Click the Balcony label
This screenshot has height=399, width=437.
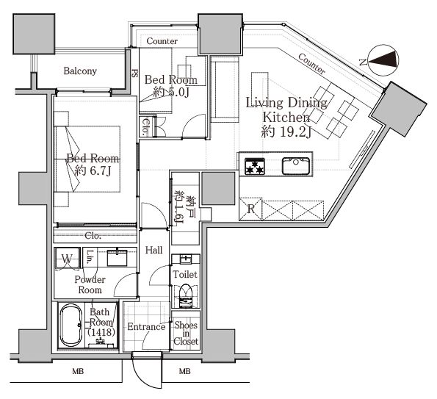[80, 71]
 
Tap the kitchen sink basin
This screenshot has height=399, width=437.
[296, 166]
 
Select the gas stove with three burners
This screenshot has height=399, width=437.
[255, 166]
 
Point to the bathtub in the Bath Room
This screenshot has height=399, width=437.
[71, 325]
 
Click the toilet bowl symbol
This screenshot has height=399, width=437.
[185, 296]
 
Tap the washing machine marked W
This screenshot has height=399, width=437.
[67, 259]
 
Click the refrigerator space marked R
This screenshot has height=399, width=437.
[251, 209]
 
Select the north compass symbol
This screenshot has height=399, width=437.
[383, 60]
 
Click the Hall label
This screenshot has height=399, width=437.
[154, 250]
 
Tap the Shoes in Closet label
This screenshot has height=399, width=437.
[186, 333]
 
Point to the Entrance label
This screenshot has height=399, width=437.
[146, 326]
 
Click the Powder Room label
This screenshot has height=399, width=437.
[90, 284]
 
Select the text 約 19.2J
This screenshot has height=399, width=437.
[286, 132]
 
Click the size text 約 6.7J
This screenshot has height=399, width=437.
[93, 170]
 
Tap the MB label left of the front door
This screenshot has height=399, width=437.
[78, 371]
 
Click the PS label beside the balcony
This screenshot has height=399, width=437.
[135, 73]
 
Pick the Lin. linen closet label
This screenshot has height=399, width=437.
[90, 256]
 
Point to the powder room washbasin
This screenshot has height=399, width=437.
[117, 257]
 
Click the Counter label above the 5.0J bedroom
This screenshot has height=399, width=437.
[162, 41]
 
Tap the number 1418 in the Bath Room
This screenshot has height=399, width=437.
[101, 332]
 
